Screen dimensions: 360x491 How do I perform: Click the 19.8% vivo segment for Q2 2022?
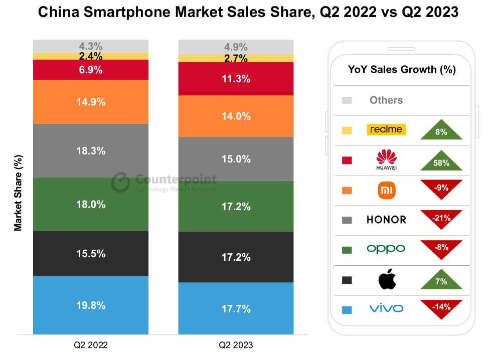pyautogui.click(x=91, y=305)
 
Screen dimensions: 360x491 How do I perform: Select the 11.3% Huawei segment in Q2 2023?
pyautogui.click(x=236, y=79)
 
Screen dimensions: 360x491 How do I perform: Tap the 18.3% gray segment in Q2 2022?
pyautogui.click(x=91, y=151)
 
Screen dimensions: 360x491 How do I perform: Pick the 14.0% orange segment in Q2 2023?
pyautogui.click(x=236, y=116)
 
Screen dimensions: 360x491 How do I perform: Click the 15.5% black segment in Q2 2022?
pyautogui.click(x=91, y=253)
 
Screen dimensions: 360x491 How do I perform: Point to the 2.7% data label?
pyautogui.click(x=236, y=59)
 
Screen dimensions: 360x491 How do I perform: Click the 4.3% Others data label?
pyautogui.click(x=91, y=46)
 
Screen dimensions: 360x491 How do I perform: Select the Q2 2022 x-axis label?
pyautogui.click(x=91, y=345)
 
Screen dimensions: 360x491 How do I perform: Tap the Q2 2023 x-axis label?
pyautogui.click(x=236, y=345)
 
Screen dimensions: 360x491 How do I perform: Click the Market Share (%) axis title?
pyautogui.click(x=19, y=193)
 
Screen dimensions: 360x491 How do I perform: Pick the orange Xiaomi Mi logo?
pyautogui.click(x=386, y=190)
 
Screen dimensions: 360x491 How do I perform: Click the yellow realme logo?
pyautogui.click(x=386, y=129)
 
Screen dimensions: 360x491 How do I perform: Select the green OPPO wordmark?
pyautogui.click(x=386, y=249)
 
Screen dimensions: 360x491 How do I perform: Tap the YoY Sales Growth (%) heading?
pyautogui.click(x=402, y=70)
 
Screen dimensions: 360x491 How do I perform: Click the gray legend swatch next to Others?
pyautogui.click(x=347, y=100)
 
